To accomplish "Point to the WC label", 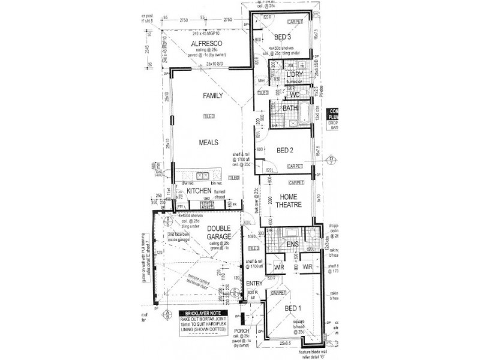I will point(294,95).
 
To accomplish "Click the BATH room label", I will point(290,108).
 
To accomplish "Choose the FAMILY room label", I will point(212,96).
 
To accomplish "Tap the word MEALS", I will point(209,142).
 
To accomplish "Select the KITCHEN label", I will point(200,191).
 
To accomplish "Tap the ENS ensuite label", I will point(293,245).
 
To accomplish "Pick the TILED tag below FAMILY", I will point(209,116).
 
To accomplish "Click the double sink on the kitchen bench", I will point(202,177).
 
